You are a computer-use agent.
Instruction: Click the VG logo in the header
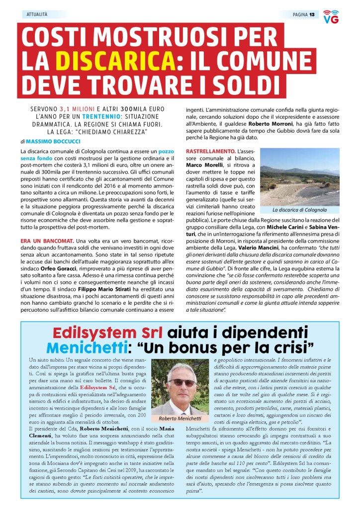tap(331, 16)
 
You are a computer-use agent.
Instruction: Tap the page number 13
tap(312, 14)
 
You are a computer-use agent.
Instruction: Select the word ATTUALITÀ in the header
tap(37, 14)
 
